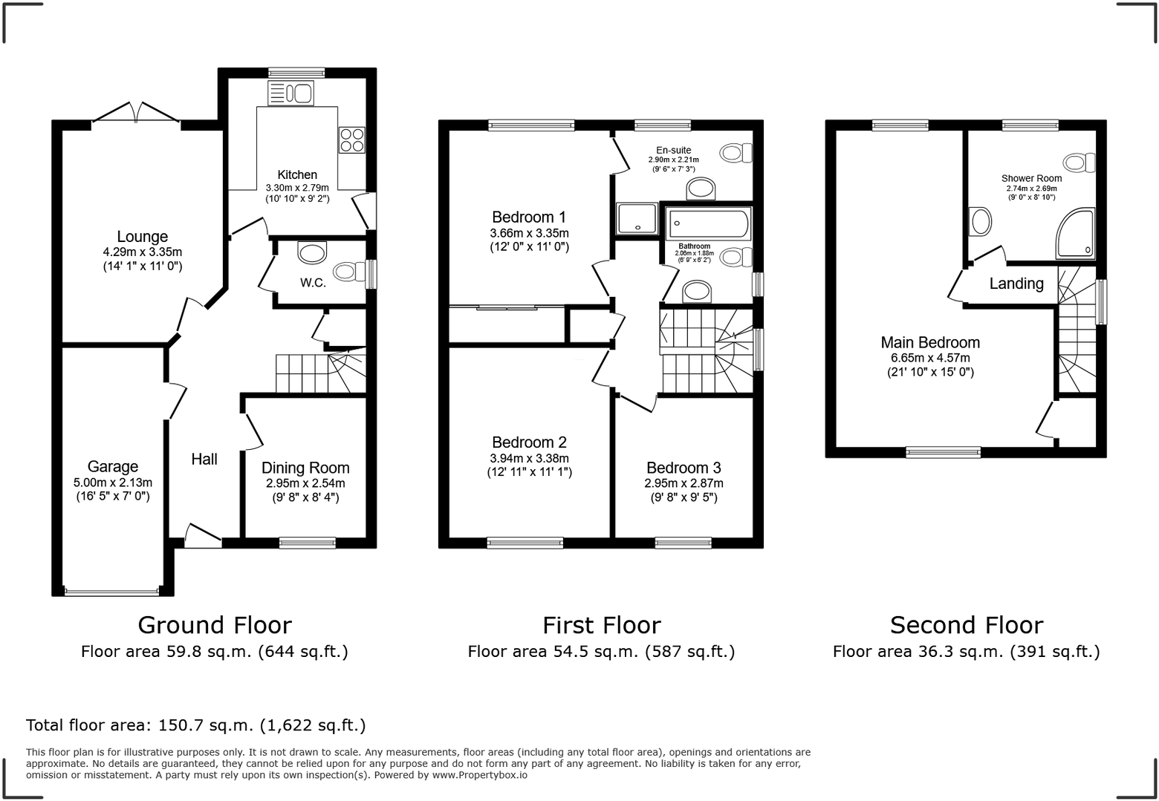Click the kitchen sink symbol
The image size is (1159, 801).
(291, 94)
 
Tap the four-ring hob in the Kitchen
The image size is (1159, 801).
(351, 140)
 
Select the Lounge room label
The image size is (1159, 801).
(142, 237)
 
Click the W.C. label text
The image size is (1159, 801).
(313, 283)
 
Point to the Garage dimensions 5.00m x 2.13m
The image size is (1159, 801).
(113, 483)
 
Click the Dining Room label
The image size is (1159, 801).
(305, 468)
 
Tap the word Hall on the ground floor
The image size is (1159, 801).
(204, 460)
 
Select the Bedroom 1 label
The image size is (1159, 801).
(529, 217)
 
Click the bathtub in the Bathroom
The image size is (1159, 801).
(709, 223)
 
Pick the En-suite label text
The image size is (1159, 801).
(673, 150)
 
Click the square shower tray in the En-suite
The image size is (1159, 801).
(637, 218)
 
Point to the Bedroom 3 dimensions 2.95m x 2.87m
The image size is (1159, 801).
(684, 483)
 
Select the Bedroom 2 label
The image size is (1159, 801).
(529, 442)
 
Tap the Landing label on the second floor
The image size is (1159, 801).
(1016, 284)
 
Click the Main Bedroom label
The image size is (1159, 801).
(930, 342)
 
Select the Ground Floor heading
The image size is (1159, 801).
(215, 625)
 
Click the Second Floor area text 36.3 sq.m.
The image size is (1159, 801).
(966, 652)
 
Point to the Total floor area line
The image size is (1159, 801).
(196, 725)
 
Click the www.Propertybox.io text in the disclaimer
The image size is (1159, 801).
(480, 775)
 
